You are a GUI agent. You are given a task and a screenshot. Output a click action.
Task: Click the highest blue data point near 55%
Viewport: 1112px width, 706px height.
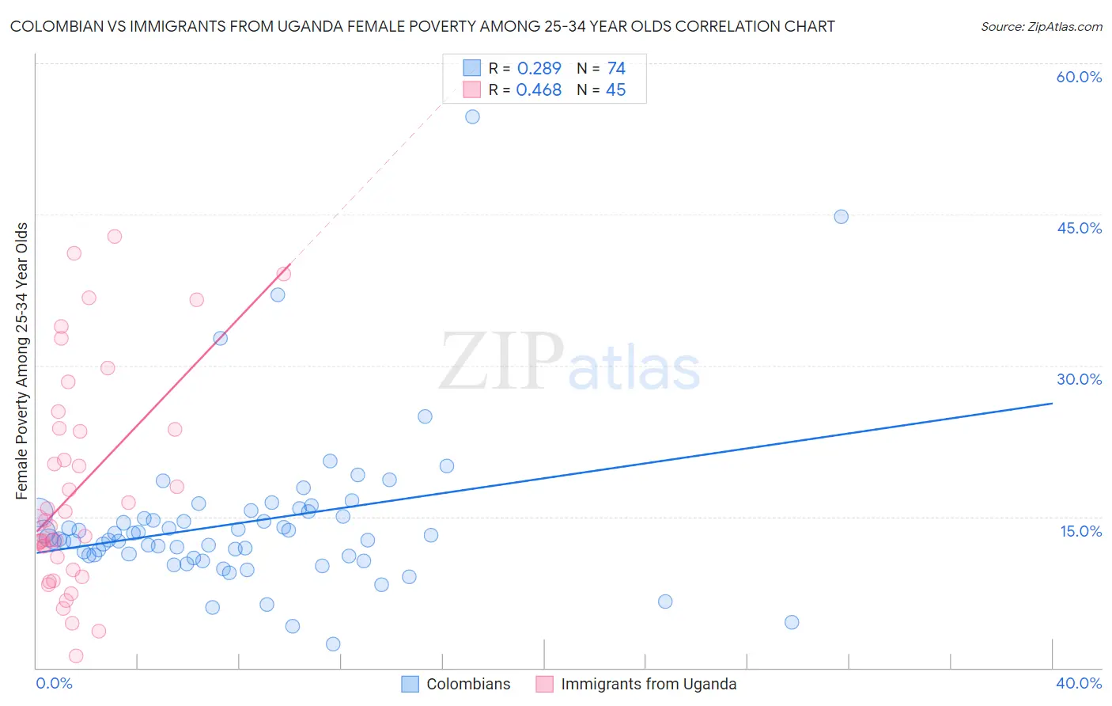pyautogui.click(x=472, y=116)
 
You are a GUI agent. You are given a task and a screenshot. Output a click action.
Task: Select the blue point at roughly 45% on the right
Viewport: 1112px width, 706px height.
pyautogui.click(x=841, y=217)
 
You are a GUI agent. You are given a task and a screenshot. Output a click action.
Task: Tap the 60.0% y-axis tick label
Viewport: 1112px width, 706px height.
pyautogui.click(x=1079, y=77)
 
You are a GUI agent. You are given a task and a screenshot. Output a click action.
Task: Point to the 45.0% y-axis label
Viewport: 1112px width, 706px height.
pyautogui.click(x=1079, y=228)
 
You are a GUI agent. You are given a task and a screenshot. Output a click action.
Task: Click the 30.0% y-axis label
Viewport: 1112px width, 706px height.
pyautogui.click(x=1079, y=379)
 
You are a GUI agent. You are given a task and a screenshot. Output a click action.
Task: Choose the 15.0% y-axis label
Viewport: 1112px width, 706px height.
pyautogui.click(x=1080, y=531)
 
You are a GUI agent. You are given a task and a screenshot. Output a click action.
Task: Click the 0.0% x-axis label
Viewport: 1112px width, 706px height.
pyautogui.click(x=54, y=683)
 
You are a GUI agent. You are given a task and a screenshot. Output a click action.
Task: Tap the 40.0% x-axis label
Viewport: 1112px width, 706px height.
pyautogui.click(x=1079, y=683)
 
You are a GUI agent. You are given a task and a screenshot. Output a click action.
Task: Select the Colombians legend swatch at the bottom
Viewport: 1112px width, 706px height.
pyautogui.click(x=410, y=684)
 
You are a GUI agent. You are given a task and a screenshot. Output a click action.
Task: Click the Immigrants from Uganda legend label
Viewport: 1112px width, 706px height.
pyautogui.click(x=649, y=684)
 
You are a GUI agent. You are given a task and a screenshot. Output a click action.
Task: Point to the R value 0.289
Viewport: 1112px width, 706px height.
pyautogui.click(x=539, y=69)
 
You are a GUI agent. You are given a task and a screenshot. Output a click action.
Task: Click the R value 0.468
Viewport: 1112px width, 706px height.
pyautogui.click(x=539, y=90)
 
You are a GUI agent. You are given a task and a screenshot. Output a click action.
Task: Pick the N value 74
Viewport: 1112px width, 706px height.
pyautogui.click(x=616, y=69)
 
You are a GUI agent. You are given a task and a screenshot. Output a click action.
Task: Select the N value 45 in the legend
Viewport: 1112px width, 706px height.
pyautogui.click(x=615, y=90)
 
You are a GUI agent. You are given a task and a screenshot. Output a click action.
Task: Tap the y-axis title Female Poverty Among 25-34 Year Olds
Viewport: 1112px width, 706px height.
pyautogui.click(x=22, y=361)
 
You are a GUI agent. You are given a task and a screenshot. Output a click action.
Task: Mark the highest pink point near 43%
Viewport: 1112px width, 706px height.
pyautogui.click(x=115, y=236)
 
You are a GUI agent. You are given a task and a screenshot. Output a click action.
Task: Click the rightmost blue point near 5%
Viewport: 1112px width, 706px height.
pyautogui.click(x=792, y=622)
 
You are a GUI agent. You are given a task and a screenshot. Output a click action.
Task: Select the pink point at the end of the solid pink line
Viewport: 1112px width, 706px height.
pyautogui.click(x=283, y=274)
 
